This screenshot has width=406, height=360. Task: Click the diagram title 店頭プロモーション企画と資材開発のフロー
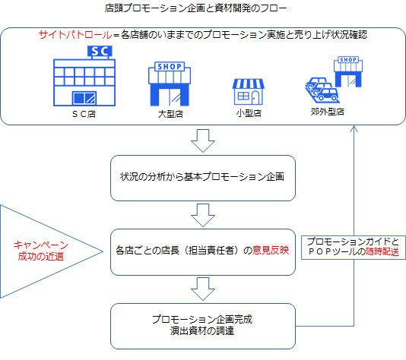pyautogui.click(x=195, y=8)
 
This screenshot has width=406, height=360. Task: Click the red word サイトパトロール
pyautogui.click(x=75, y=35)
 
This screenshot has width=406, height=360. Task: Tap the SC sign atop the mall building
pyautogui.click(x=100, y=51)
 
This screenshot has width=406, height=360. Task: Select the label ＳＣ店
pyautogui.click(x=84, y=114)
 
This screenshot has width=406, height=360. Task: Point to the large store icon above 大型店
pyautogui.click(x=170, y=84)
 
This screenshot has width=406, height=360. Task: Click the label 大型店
pyautogui.click(x=170, y=114)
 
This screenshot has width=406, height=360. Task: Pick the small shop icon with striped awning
pyautogui.click(x=249, y=92)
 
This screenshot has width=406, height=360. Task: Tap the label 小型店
pyautogui.click(x=249, y=113)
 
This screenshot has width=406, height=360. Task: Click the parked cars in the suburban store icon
pyautogui.click(x=322, y=90)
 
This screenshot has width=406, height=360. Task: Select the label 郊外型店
pyautogui.click(x=327, y=112)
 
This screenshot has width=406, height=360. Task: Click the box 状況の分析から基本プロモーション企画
pyautogui.click(x=203, y=178)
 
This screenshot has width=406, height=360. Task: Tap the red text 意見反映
pyautogui.click(x=271, y=250)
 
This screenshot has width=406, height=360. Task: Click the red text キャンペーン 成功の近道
pyautogui.click(x=41, y=251)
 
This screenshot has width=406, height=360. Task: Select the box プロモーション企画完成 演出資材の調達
pyautogui.click(x=203, y=326)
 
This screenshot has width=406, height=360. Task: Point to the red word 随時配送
pyautogui.click(x=382, y=251)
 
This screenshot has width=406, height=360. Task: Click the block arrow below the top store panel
pyautogui.click(x=203, y=141)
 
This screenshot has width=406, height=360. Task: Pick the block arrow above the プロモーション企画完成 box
pyautogui.click(x=203, y=289)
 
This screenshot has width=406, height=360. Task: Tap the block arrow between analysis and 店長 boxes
pyautogui.click(x=203, y=215)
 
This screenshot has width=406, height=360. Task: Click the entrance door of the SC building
pyautogui.click(x=84, y=98)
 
